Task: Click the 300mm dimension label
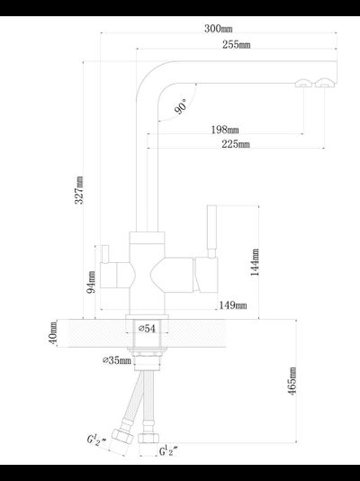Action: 219,29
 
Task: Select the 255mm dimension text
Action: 236,45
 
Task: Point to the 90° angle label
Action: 181,106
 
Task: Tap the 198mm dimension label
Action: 225,130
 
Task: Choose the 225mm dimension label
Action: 236,144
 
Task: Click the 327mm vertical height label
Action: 79,190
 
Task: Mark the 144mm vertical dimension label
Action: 255,262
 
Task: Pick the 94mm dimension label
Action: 91,282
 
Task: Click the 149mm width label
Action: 233,305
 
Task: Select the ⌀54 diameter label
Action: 147,329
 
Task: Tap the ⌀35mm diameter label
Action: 117,360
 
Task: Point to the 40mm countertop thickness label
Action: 53,333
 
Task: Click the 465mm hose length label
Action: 292,381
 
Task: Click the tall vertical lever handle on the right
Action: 211,231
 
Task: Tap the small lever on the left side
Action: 105,254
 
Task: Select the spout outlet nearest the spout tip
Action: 327,83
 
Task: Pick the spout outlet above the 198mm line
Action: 303,83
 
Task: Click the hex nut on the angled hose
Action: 122,437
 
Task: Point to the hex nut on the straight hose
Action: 148,438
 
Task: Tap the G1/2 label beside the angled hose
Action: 96,440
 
